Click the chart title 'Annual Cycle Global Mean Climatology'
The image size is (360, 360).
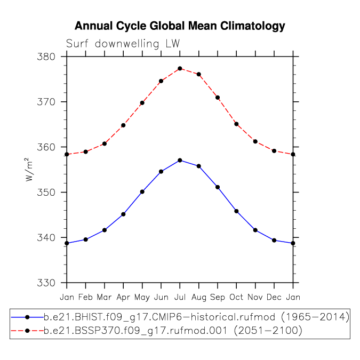(x=180, y=26)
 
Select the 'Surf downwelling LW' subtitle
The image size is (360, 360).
(x=123, y=43)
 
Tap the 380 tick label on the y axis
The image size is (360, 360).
(x=46, y=57)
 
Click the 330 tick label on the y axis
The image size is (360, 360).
(x=46, y=283)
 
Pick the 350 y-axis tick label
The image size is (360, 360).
(x=46, y=193)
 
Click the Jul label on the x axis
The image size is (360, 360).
(x=180, y=297)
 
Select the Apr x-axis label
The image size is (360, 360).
(x=123, y=298)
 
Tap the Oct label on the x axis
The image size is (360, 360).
(x=236, y=297)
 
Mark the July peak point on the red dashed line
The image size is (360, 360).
(x=180, y=68)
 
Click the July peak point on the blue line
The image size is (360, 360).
(x=180, y=160)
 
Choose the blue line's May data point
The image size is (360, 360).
(x=142, y=191)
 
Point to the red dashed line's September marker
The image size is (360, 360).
(x=218, y=98)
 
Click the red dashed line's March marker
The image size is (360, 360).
(x=105, y=143)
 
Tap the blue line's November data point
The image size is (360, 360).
(x=255, y=230)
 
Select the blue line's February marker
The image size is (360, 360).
(x=86, y=239)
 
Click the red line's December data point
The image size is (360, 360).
(x=274, y=151)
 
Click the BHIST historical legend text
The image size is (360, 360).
(x=197, y=317)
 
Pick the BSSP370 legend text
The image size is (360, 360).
(x=173, y=331)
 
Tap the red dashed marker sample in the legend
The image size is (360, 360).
(x=27, y=331)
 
